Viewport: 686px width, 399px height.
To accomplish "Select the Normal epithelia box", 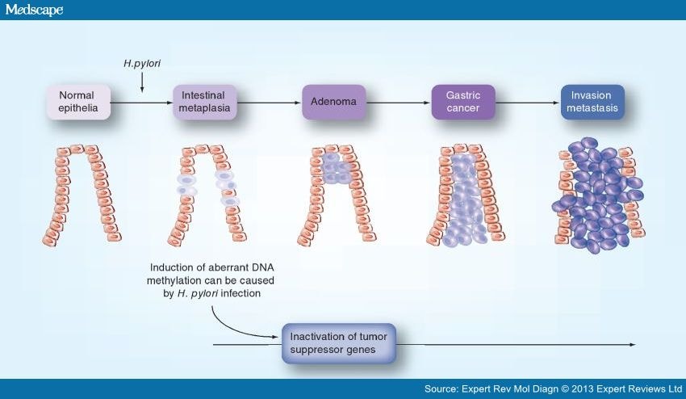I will (x=78, y=102).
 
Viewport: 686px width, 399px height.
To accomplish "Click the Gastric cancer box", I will (x=462, y=102).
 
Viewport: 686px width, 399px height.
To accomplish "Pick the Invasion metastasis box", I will (x=592, y=102).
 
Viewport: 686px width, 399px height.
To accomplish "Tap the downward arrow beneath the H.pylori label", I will (x=141, y=82).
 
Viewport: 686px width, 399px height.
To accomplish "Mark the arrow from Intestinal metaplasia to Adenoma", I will (x=270, y=103).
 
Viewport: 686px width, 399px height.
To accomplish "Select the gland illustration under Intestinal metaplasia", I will (x=205, y=194).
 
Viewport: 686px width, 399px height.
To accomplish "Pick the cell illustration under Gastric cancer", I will (x=463, y=194).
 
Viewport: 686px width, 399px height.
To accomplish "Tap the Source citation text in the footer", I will (x=553, y=389).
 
